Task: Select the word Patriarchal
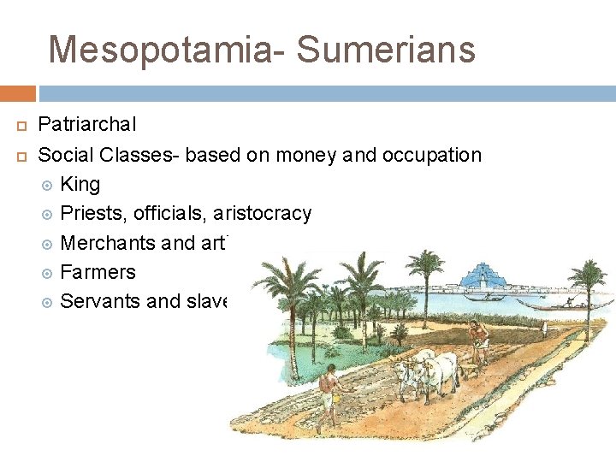click(87, 124)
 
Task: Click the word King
click(80, 184)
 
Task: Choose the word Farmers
click(98, 272)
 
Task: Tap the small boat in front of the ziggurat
click(483, 296)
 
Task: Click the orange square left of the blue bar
click(18, 92)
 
